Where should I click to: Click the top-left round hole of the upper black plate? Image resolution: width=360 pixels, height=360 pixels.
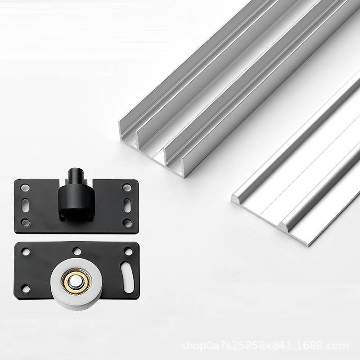pyautogui.click(x=25, y=187)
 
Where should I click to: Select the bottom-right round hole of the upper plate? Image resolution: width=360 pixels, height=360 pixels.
pyautogui.click(x=128, y=222)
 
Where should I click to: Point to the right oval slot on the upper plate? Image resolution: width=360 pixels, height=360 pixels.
pyautogui.click(x=127, y=205)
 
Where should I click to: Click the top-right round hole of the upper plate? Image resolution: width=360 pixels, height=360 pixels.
pyautogui.click(x=127, y=187)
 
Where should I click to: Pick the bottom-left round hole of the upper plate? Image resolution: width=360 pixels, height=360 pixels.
pyautogui.click(x=26, y=222)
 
